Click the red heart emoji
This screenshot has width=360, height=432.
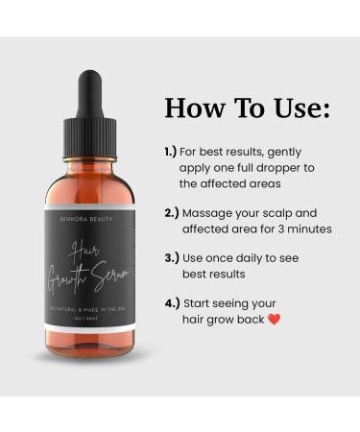(x=275, y=320)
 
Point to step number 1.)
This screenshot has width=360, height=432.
(x=170, y=152)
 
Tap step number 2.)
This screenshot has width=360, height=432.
(x=170, y=212)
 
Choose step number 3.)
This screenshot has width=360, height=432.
(x=170, y=257)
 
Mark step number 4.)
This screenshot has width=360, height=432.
(x=170, y=302)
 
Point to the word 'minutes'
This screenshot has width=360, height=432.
(x=307, y=228)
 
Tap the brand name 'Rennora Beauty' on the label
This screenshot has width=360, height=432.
(x=89, y=219)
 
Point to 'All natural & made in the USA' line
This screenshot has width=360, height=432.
(x=89, y=307)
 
